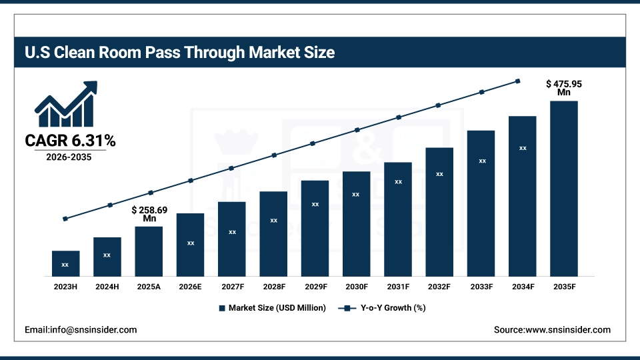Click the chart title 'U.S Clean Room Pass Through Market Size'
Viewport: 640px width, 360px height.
click(x=179, y=52)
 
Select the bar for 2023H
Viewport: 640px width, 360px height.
click(x=65, y=263)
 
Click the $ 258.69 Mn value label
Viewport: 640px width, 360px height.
click(x=149, y=214)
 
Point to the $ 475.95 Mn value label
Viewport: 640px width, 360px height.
click(x=564, y=88)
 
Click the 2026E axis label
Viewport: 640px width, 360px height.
click(x=190, y=287)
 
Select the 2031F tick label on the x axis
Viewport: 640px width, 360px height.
click(x=398, y=287)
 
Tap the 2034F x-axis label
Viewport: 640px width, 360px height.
click(x=523, y=287)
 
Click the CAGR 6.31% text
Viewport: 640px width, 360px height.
click(x=70, y=141)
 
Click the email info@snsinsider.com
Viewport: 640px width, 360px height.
click(x=81, y=330)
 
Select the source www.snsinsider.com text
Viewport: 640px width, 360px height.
click(x=552, y=330)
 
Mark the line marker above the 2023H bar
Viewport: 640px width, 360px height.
click(x=65, y=219)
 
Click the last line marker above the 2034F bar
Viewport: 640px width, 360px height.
click(x=518, y=81)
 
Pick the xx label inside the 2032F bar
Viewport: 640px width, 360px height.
click(x=439, y=174)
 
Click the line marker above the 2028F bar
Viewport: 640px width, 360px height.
click(x=273, y=155)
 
